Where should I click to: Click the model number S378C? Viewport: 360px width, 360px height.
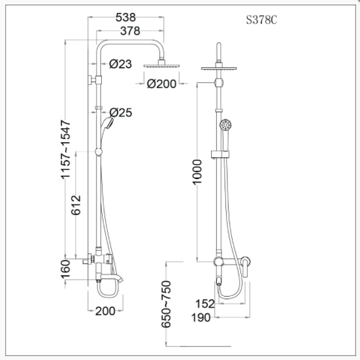click(260, 20)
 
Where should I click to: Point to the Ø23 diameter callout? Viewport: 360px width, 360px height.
click(122, 64)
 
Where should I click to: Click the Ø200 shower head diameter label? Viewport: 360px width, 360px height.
click(162, 84)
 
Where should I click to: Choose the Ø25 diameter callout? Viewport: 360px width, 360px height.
click(122, 112)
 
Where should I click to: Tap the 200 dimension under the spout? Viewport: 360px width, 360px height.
click(105, 311)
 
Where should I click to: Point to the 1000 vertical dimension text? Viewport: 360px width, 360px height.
click(199, 171)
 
